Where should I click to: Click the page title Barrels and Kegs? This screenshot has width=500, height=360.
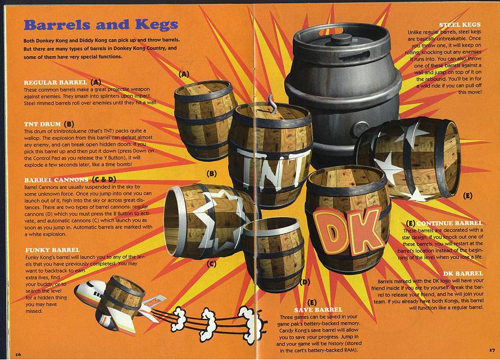click(x=101, y=25)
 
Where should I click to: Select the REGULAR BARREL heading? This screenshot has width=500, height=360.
click(x=56, y=83)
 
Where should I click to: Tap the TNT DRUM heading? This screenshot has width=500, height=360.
click(x=42, y=124)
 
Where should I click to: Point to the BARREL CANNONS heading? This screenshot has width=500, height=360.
click(x=56, y=180)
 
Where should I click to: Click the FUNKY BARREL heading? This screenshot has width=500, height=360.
click(x=53, y=250)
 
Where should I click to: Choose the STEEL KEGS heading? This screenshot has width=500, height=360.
click(x=460, y=25)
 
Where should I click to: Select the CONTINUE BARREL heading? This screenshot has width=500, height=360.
click(x=449, y=223)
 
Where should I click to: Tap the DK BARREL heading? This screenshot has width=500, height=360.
click(x=463, y=274)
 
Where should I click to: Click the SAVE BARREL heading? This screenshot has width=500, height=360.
click(x=318, y=309)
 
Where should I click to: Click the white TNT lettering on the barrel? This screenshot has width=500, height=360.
click(x=274, y=168)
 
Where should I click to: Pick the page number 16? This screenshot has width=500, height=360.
click(x=18, y=354)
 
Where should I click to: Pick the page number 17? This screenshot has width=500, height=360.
click(x=492, y=350)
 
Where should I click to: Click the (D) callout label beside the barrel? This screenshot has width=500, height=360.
click(x=305, y=282)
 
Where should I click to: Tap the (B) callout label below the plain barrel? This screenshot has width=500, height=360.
click(x=211, y=174)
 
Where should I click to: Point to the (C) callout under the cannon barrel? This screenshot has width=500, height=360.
click(x=211, y=264)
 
